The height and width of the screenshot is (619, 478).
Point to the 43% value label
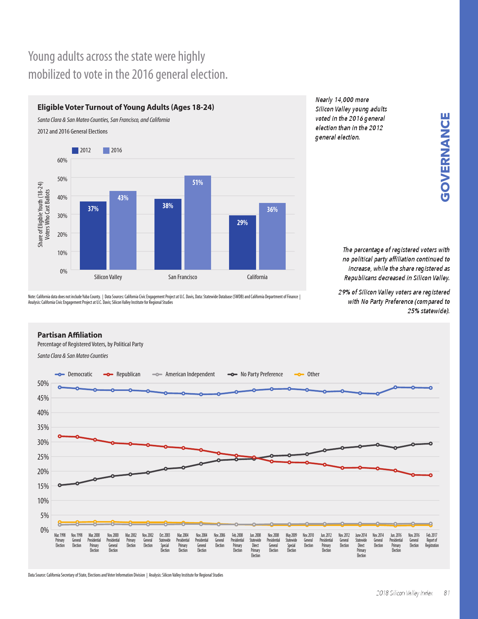pos(123,198)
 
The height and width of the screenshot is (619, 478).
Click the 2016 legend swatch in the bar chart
pos(106,150)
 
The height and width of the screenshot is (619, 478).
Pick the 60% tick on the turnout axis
pos(62,160)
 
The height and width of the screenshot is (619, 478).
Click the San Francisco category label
pos(183,277)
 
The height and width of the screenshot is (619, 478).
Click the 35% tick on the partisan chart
pos(43,427)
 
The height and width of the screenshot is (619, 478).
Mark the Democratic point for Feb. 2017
pos(431,388)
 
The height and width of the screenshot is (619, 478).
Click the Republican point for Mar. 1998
pos(60,436)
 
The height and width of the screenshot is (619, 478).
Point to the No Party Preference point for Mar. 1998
pos(60,485)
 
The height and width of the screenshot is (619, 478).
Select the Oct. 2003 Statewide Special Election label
pos(165,543)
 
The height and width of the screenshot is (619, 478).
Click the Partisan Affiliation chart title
pos(70,335)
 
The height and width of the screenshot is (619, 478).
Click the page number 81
pos(447,593)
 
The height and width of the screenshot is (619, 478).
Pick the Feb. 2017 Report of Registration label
pos(432,540)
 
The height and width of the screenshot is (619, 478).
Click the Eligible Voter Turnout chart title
pos(126,107)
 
